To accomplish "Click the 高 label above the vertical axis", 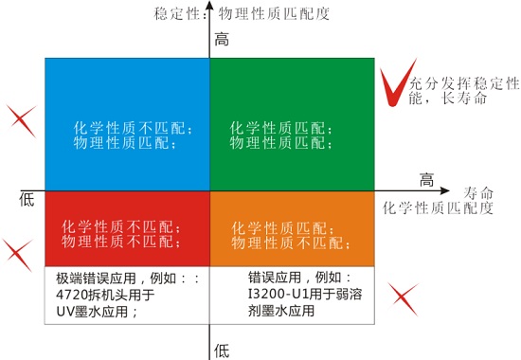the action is tap(223, 40).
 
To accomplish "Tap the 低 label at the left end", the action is tap(26, 198).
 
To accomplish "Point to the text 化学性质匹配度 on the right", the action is tap(439, 206).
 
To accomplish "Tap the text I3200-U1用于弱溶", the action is tap(302, 294).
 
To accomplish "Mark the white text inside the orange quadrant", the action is tap(281, 235).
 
